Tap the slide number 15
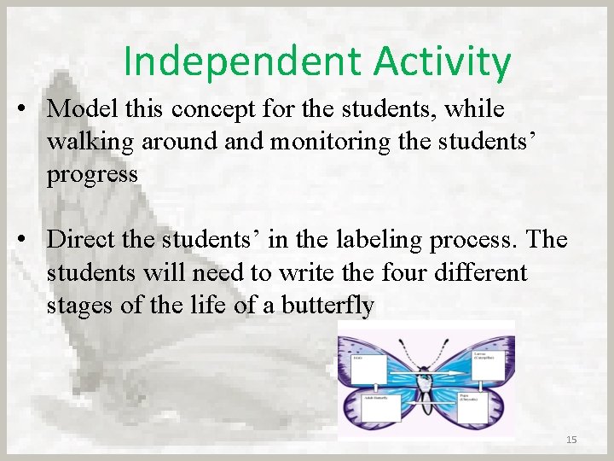point(571,439)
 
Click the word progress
point(92,175)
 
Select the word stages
point(84,306)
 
